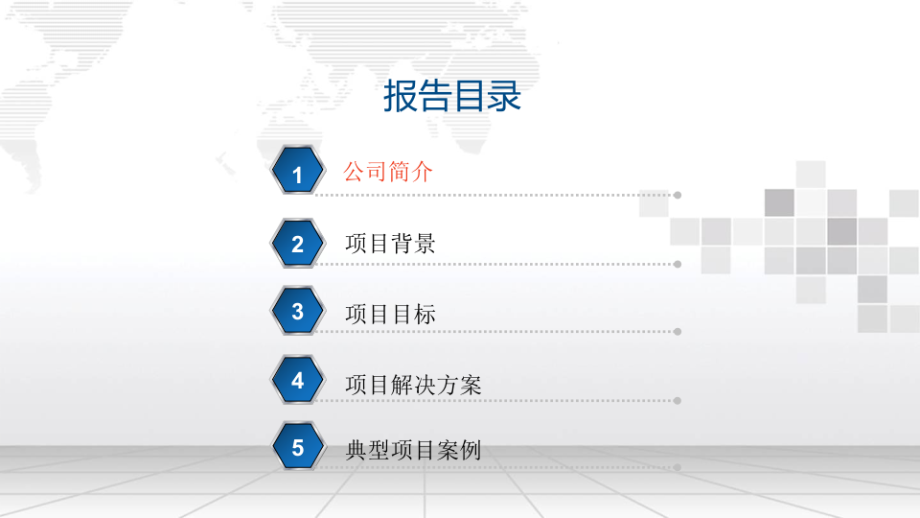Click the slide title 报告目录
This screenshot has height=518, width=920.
coord(452,97)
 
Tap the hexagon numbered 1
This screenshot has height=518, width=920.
coord(297,174)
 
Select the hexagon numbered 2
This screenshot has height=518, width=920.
coord(297,244)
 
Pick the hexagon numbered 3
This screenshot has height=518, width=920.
coord(297,312)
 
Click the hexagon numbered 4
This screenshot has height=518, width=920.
coord(297,381)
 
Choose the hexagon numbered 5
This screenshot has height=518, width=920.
coord(297,448)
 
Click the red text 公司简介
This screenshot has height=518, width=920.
coord(388,173)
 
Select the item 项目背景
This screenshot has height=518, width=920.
coord(390,244)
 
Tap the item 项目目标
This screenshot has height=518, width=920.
coord(390,314)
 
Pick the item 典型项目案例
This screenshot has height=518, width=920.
coord(413,450)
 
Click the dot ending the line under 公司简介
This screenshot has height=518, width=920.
coord(678,195)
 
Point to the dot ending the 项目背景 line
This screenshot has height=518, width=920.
coord(678,264)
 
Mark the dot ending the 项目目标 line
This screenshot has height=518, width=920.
coord(678,332)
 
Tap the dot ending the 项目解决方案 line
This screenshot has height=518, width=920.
coord(678,400)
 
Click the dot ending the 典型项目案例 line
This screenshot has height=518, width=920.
coord(678,468)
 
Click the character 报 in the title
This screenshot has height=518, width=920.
coord(401,97)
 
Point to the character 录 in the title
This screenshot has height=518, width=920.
coord(504,97)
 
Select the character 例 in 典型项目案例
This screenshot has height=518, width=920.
coord(470,450)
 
